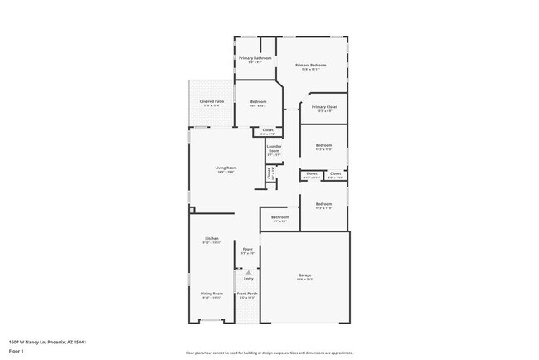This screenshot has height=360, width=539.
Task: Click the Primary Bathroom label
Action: pyautogui.click(x=249, y=58)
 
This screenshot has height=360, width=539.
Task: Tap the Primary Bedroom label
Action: pyautogui.click(x=310, y=65)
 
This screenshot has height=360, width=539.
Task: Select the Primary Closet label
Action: pyautogui.click(x=323, y=107)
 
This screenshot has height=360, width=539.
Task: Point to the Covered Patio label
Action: pyautogui.click(x=211, y=101)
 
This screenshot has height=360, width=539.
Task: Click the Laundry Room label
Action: pyautogui.click(x=274, y=149)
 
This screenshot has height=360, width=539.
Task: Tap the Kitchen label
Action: pyautogui.click(x=211, y=239)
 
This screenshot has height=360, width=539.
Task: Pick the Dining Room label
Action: pyautogui.click(x=211, y=294)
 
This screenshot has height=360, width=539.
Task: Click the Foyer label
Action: pyautogui.click(x=247, y=249)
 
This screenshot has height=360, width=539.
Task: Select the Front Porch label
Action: pyautogui.click(x=247, y=294)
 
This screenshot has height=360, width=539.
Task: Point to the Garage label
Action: pyautogui.click(x=305, y=275)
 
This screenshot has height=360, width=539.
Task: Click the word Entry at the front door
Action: pyautogui.click(x=247, y=280)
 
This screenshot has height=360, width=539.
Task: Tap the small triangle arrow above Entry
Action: pyautogui.click(x=247, y=272)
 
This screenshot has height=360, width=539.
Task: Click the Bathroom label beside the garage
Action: pyautogui.click(x=279, y=217)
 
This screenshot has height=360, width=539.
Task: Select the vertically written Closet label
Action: pyautogui.click(x=269, y=173)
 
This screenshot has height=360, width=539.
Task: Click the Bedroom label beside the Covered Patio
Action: pyautogui.click(x=258, y=102)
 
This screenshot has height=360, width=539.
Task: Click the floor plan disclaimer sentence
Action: pyautogui.click(x=269, y=353)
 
